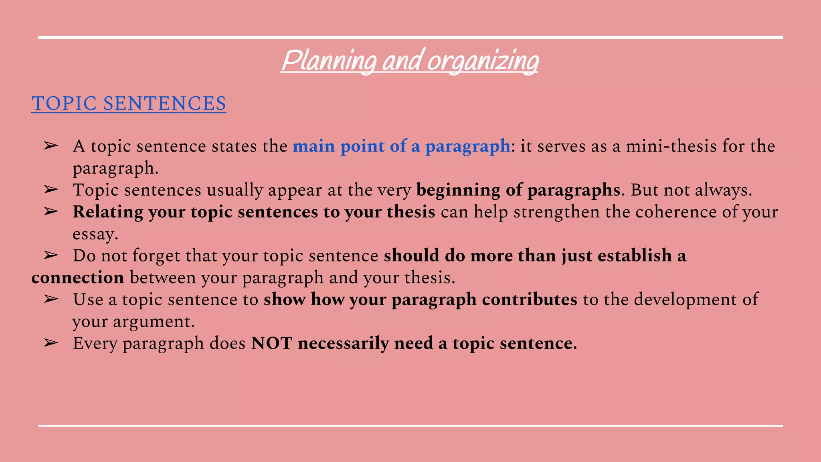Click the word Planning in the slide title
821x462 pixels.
[329, 61]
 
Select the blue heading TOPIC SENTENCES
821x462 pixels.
[129, 103]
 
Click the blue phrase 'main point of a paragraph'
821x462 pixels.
[401, 146]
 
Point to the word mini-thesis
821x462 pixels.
[671, 146]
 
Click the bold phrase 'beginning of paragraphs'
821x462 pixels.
[518, 190]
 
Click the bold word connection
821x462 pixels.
[78, 278]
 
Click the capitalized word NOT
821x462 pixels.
[271, 343]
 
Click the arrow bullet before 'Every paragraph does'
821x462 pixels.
[51, 343]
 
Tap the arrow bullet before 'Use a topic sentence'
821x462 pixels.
[51, 299]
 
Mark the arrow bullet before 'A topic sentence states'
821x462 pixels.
[51, 146]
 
